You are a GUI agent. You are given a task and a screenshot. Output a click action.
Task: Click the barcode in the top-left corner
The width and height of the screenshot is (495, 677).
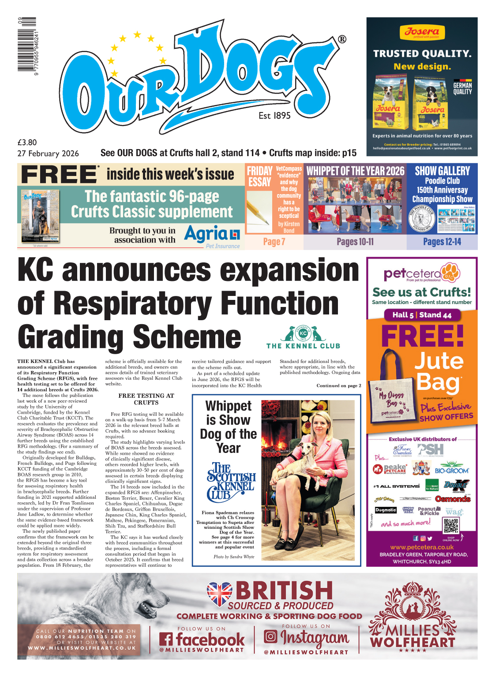pos(27,46)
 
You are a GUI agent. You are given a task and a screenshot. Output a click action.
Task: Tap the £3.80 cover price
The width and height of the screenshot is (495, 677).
pos(27,142)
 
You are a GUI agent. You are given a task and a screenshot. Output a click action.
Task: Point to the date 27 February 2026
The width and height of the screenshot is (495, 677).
pos(48,153)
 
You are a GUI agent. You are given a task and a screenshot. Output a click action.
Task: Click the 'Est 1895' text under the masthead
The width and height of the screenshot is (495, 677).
pos(274,116)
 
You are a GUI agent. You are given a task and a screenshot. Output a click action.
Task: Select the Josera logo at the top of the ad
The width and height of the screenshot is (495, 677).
pos(422,32)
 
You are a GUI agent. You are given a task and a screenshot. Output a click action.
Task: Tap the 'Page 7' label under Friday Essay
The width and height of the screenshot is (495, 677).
pos(274,242)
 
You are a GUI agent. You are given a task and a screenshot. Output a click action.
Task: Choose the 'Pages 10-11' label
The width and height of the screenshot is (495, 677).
pos(355,242)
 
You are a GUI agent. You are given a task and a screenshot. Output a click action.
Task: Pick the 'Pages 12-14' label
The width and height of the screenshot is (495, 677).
pos(442,242)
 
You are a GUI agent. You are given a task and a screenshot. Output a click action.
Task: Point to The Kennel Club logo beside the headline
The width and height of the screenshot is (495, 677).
pos(303,337)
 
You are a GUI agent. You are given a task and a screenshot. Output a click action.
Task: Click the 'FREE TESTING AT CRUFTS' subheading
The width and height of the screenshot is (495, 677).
pos(146,399)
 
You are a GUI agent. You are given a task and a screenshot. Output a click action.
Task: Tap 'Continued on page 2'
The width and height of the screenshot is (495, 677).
pos(338,385)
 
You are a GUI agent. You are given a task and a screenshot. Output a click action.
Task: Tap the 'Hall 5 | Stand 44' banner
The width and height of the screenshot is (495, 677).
pos(422,315)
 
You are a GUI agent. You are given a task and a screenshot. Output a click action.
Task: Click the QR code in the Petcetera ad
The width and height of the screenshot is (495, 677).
pos(450,525)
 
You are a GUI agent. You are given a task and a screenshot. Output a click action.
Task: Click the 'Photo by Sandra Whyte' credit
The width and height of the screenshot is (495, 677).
pos(234,557)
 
